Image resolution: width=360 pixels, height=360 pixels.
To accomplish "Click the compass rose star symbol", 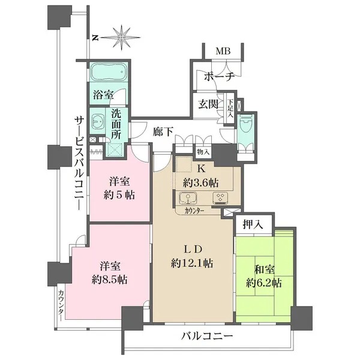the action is click(x=122, y=37).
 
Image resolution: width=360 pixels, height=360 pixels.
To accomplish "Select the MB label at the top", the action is click(x=223, y=51).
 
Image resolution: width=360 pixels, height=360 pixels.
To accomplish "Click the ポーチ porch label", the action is click(x=219, y=76).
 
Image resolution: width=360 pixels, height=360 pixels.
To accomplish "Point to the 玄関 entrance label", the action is click(x=208, y=104).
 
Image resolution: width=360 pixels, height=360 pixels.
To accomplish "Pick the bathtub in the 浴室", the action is click(x=108, y=71).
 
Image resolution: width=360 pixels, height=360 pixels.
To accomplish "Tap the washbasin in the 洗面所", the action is click(x=98, y=121).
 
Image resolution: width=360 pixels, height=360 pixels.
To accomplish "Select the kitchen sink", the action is click(x=188, y=198).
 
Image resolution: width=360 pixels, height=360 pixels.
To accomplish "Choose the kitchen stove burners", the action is click(x=221, y=198).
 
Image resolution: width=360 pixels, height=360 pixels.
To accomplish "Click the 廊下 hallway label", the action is click(x=163, y=132).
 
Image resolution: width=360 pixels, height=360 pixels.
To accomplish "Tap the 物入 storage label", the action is click(x=203, y=152).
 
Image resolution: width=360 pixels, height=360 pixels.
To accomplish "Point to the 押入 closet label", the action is click(x=253, y=224).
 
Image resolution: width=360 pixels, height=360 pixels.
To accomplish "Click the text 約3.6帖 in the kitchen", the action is click(x=200, y=183).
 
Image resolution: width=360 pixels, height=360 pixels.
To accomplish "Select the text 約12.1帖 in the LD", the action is click(x=192, y=263).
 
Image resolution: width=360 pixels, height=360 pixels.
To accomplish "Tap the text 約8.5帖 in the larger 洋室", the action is click(x=110, y=280).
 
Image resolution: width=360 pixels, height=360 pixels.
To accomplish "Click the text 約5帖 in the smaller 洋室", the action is click(x=119, y=195).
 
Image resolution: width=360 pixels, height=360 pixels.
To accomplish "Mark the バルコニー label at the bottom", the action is click(x=207, y=337).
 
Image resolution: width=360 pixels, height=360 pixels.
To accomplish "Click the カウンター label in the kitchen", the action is click(x=194, y=211).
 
